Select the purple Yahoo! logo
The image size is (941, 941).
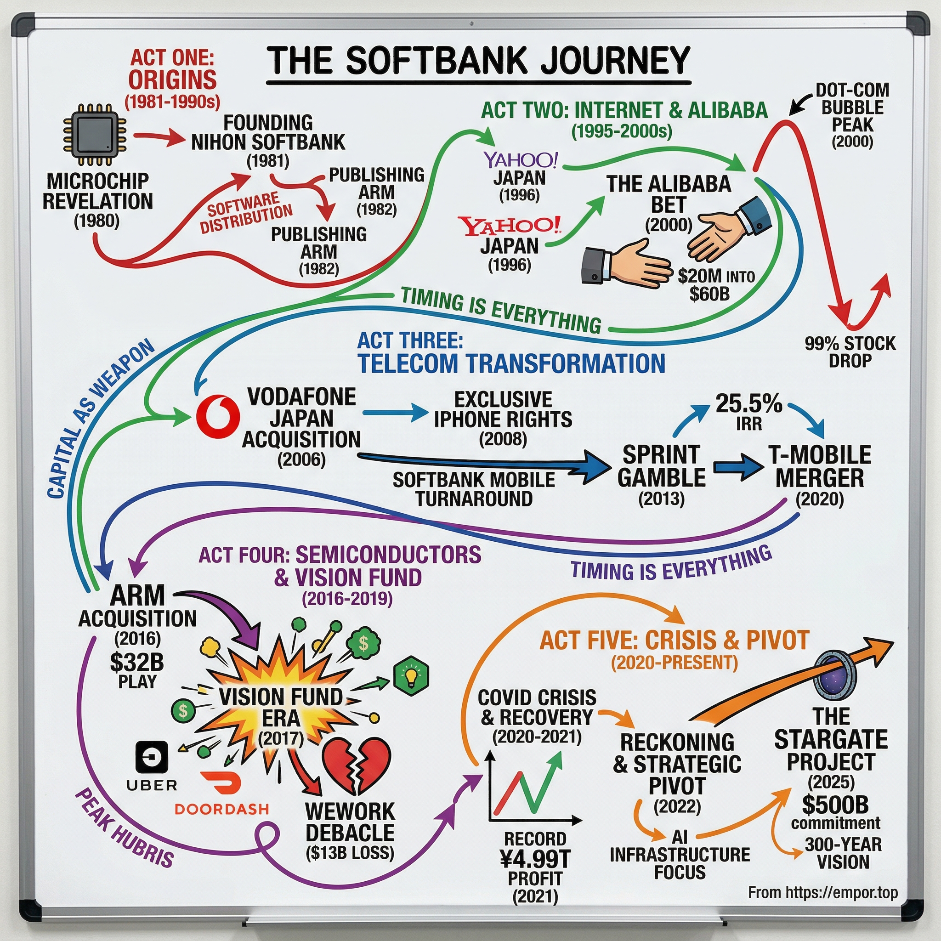tap(520, 159)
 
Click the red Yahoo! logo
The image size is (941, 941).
tap(510, 226)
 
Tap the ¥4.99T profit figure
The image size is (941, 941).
tap(535, 860)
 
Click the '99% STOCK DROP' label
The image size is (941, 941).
tap(850, 351)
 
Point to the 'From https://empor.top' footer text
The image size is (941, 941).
tap(822, 892)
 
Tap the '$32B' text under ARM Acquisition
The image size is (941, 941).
tap(136, 662)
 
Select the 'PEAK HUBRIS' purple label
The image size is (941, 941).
tap(124, 828)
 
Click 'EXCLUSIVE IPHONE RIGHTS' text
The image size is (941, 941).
tap(503, 409)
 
